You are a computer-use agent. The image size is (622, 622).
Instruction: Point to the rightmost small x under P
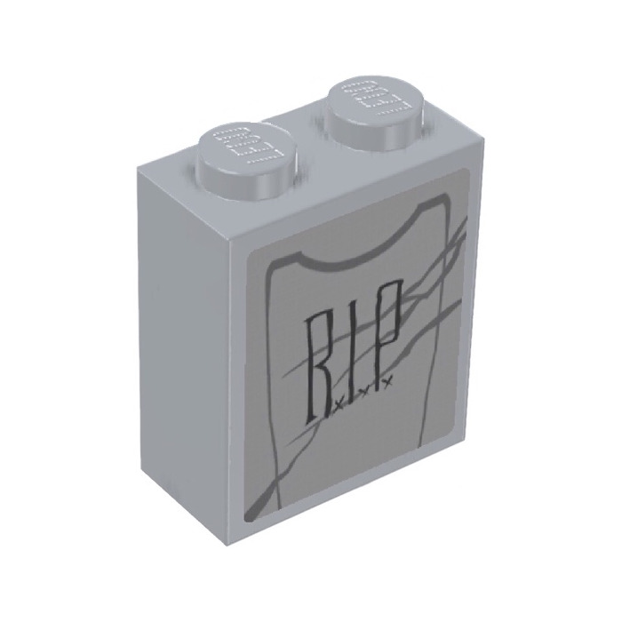coord(387,385)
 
